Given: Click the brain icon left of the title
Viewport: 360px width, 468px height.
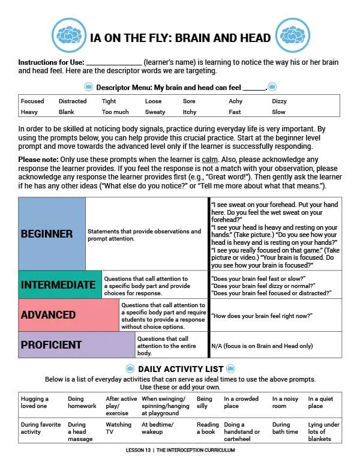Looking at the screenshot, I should coord(70,35).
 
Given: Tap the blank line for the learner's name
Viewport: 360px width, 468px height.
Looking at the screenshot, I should coord(114,62).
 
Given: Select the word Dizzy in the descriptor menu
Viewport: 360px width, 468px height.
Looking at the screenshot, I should coord(279,101).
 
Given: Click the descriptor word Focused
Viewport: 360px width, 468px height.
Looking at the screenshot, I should coord(32,101).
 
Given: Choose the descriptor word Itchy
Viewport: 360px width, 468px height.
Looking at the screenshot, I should coord(190,112).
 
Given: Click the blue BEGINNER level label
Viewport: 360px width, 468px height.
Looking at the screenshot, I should coord(47,234).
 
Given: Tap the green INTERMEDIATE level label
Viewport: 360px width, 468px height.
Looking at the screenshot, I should coord(58,284).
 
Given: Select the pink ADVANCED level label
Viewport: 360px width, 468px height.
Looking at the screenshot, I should coord(48,315).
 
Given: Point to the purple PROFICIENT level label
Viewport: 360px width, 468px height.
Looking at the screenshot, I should coord(51,345).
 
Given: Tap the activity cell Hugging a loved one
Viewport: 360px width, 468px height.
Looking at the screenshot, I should coord(35,402).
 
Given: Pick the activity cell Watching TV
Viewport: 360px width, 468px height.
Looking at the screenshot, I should coord(119,428).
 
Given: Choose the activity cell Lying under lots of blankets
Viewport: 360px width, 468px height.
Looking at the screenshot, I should coord(323,431).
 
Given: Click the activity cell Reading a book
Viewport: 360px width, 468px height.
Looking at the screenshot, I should coord(207,428).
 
